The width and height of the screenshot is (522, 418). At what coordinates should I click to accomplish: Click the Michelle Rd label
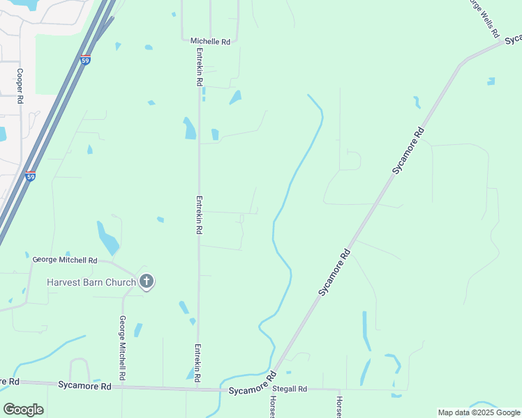point(210,42)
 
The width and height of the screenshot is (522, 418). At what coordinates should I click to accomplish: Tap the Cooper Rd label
point(21,86)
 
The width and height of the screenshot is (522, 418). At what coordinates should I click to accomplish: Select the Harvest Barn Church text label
point(91,282)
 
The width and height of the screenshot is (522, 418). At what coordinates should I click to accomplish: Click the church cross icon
point(147,281)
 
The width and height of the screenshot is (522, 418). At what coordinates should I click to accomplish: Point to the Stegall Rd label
point(290,389)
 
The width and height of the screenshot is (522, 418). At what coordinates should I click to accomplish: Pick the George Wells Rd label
point(484,18)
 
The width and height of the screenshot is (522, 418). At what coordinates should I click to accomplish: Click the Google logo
point(23,410)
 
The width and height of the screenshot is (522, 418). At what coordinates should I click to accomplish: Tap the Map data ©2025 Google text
point(478,412)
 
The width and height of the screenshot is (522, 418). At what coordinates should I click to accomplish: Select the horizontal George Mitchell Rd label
point(65,260)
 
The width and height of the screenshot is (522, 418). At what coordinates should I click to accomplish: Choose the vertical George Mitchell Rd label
point(122,348)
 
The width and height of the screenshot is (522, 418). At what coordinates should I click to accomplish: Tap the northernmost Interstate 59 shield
point(86,60)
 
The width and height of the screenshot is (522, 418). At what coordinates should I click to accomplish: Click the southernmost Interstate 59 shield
point(30,176)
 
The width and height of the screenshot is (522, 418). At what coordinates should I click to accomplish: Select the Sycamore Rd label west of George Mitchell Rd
point(85,385)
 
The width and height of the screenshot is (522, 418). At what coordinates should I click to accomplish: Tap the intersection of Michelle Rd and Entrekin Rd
point(200,42)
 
